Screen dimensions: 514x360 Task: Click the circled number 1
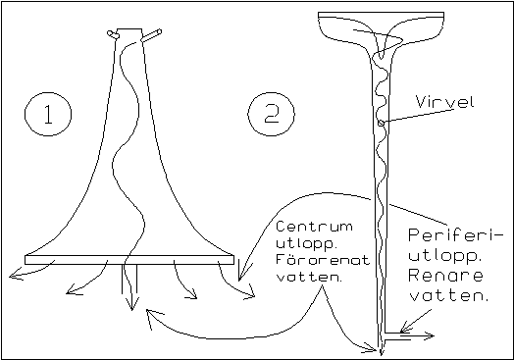click(48, 114)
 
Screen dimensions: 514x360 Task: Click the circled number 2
click(271, 114)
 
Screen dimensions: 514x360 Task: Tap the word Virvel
click(445, 102)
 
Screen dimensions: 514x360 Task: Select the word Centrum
click(314, 227)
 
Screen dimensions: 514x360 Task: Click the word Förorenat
click(323, 259)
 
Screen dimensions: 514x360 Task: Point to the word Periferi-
click(451, 235)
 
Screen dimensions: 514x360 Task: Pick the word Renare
click(445, 276)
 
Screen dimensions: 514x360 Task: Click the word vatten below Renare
click(449, 295)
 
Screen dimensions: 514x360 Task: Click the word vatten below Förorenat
click(309, 277)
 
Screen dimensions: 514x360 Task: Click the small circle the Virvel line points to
click(381, 123)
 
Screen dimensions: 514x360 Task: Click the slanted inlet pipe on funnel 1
click(151, 35)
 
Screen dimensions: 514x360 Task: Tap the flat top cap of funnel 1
click(129, 28)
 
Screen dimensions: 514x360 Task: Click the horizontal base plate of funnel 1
click(129, 260)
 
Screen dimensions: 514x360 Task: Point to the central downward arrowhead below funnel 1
click(131, 304)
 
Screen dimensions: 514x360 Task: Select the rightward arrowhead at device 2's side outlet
click(428, 335)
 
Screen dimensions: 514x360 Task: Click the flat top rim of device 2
click(381, 14)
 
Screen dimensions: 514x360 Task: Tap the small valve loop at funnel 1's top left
click(111, 33)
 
